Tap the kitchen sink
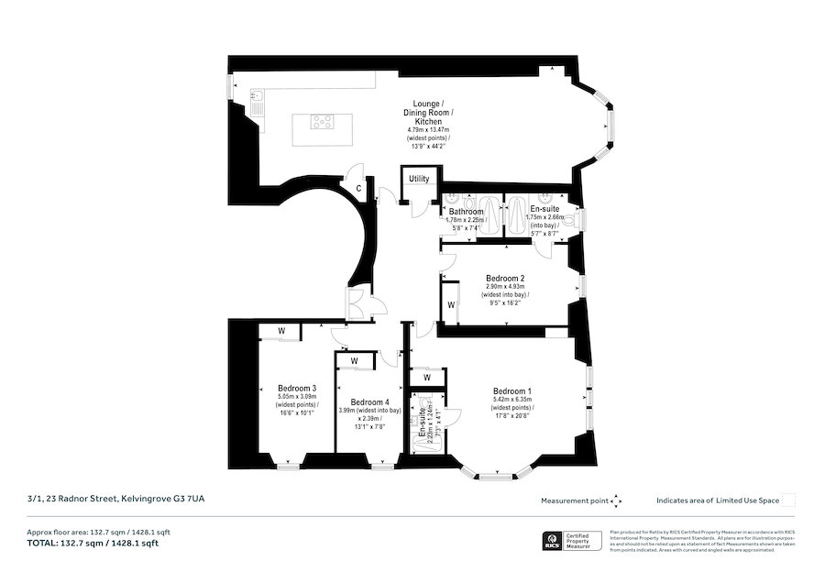(259, 97)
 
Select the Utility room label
(419, 179)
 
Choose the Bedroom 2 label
(505, 278)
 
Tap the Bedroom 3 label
(297, 388)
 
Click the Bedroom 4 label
(369, 401)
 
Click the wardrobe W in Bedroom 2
(450, 304)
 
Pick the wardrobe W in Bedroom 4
(354, 361)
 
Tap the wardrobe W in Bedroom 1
(427, 376)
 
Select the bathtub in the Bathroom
(490, 216)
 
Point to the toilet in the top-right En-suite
(572, 219)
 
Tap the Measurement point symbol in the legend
(616, 500)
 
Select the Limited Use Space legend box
(787, 500)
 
